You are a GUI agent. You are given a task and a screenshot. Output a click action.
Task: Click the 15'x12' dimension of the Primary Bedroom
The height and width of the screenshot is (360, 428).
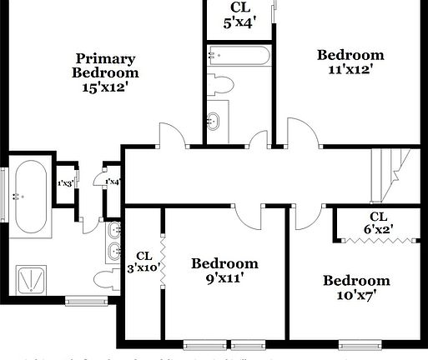pyautogui.click(x=105, y=86)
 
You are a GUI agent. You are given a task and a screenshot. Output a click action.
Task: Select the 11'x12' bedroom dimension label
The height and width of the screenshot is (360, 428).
pyautogui.click(x=350, y=70)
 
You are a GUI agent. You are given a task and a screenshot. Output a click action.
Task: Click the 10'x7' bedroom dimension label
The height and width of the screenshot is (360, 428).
pyautogui.click(x=356, y=296)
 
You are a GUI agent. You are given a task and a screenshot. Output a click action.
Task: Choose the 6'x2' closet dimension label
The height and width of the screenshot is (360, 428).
pyautogui.click(x=378, y=228)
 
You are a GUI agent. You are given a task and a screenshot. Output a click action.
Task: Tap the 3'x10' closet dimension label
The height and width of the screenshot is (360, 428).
pyautogui.click(x=144, y=268)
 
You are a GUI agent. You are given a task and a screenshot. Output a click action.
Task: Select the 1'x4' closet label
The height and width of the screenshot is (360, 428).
pyautogui.click(x=112, y=181)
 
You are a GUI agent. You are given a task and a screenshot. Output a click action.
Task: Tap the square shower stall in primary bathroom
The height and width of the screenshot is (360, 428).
pyautogui.click(x=33, y=279)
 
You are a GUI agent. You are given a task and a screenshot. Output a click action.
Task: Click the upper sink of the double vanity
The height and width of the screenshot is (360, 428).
pyautogui.click(x=113, y=231)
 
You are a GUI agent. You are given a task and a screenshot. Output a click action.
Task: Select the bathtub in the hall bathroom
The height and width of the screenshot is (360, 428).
pyautogui.click(x=239, y=56)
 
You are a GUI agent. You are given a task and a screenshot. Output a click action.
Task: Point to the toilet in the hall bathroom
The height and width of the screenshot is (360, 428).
pyautogui.click(x=221, y=83)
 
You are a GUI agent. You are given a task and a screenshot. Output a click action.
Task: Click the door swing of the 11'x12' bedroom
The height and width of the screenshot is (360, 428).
pyautogui.click(x=302, y=133)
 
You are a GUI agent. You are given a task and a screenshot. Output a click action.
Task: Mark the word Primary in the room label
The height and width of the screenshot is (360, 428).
pyautogui.click(x=105, y=58)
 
